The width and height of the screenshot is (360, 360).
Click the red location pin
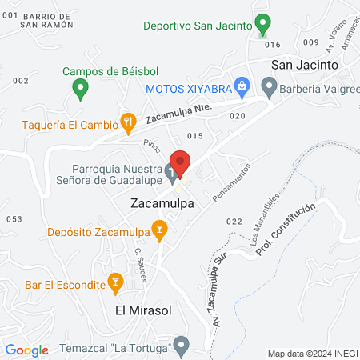[181, 163]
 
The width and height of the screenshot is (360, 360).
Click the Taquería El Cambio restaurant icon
[127, 122]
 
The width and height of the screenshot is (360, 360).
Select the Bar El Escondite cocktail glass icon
[115, 283]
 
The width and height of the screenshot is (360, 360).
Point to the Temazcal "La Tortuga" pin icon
[182, 347]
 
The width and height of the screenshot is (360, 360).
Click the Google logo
[27, 350]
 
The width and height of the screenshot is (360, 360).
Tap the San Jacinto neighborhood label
[304, 64]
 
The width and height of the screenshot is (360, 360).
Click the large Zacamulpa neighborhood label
[163, 204]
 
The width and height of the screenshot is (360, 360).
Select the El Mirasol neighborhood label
[145, 310]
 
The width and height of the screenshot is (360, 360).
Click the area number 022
[234, 221]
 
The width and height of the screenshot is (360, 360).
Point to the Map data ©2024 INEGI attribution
[312, 354]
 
